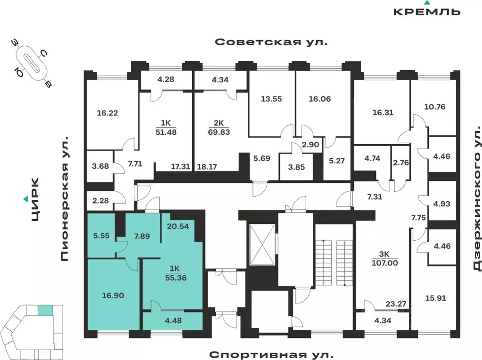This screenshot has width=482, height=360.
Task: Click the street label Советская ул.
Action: point(271,42)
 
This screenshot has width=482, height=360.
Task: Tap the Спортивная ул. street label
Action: point(271,354)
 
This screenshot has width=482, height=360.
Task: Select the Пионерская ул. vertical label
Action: point(65,199)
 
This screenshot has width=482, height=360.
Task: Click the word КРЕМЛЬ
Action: point(426,12)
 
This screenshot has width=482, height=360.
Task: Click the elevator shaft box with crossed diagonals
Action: point(261,245)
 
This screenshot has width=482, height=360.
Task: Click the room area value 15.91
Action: point(433,298)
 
